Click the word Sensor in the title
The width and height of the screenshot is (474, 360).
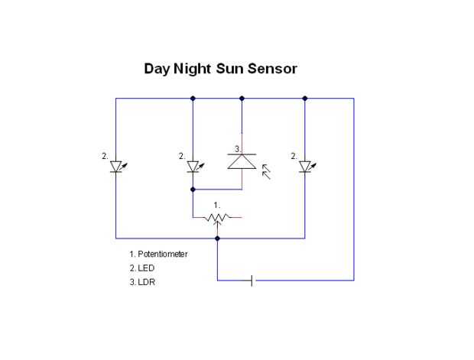268,69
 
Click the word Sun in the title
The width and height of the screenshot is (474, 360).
226,69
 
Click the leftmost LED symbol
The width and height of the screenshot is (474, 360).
116,167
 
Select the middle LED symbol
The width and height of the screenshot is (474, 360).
193,167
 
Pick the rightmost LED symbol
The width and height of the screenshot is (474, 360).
305,167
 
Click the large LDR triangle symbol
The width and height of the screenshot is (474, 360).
242,161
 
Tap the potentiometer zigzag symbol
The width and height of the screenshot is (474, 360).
217,218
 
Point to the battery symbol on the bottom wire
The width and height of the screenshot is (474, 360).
252,281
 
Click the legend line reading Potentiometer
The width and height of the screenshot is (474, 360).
158,253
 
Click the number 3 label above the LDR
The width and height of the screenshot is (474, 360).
238,148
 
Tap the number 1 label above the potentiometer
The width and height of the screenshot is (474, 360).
217,205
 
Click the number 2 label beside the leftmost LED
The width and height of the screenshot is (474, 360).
105,156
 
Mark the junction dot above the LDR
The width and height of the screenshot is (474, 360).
242,98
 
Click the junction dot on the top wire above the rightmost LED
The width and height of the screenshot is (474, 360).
305,98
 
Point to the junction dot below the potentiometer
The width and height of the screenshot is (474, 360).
217,238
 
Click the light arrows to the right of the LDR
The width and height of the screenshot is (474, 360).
266,170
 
